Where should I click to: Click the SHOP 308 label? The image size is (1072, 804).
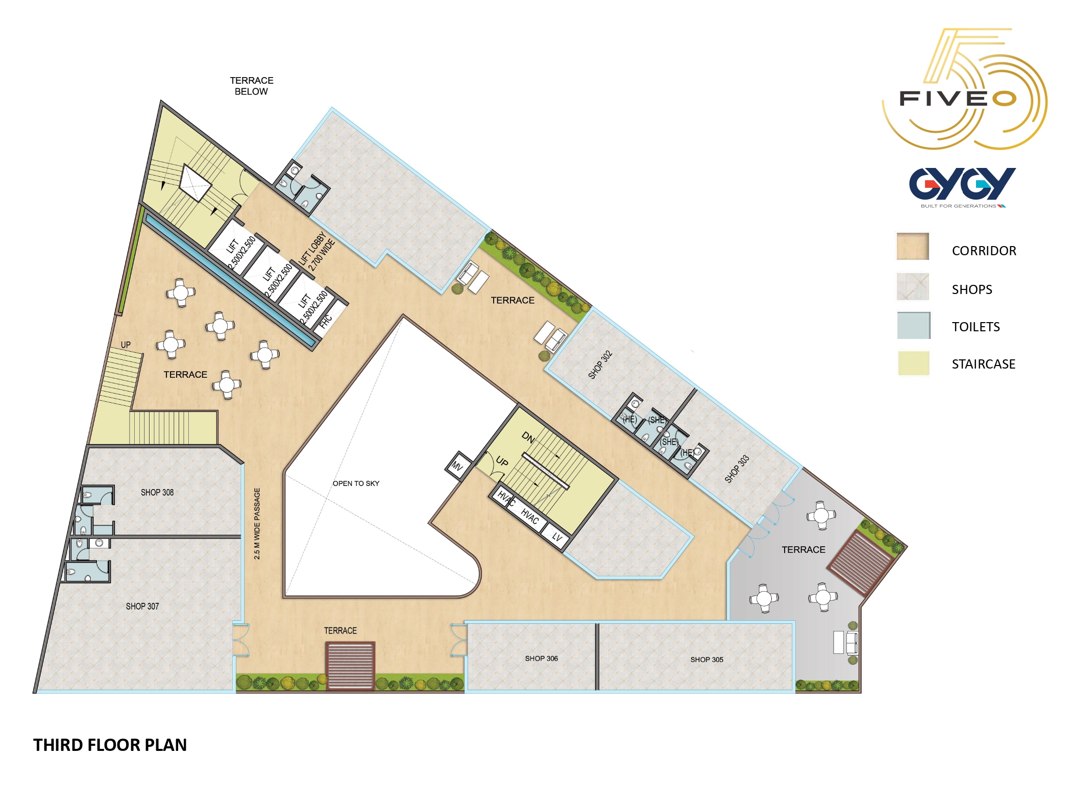pyautogui.click(x=157, y=493)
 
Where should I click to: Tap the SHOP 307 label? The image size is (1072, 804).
pyautogui.click(x=142, y=606)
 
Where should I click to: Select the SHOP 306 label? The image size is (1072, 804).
pyautogui.click(x=542, y=659)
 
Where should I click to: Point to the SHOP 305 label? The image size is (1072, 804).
pyautogui.click(x=707, y=660)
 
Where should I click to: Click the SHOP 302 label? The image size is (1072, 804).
pyautogui.click(x=600, y=364)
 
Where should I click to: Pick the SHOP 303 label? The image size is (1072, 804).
pyautogui.click(x=737, y=469)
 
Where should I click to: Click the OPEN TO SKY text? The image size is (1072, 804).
pyautogui.click(x=356, y=483)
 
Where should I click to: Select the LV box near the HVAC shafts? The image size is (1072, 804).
pyautogui.click(x=557, y=538)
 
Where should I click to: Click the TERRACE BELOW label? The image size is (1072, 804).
pyautogui.click(x=251, y=86)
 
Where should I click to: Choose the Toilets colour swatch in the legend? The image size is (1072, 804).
pyautogui.click(x=914, y=326)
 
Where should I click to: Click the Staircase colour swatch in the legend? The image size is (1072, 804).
pyautogui.click(x=914, y=363)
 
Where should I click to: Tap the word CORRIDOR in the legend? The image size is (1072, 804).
pyautogui.click(x=984, y=251)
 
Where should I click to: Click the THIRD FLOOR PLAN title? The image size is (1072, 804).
pyautogui.click(x=110, y=745)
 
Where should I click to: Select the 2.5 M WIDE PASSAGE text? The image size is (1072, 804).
pyautogui.click(x=257, y=524)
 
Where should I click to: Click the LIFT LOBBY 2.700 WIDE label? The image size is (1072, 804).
pyautogui.click(x=317, y=252)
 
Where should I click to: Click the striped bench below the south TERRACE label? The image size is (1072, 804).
pyautogui.click(x=351, y=666)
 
